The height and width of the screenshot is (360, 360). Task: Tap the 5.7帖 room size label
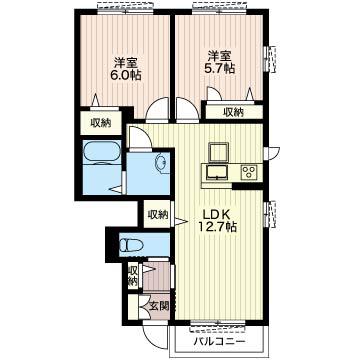[x=220, y=68]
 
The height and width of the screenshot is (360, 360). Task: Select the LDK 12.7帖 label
[x=218, y=220]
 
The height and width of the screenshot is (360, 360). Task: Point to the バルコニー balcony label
[x=220, y=342]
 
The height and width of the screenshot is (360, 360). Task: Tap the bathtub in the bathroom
[x=102, y=153]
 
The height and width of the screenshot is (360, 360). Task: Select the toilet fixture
[x=131, y=246]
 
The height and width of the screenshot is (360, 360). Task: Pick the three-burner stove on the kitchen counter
[x=249, y=172]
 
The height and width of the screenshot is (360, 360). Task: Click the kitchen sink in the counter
[x=217, y=172]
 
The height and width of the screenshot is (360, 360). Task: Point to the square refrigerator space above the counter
[x=219, y=152]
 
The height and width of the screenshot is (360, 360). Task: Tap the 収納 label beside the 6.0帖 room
[x=101, y=123]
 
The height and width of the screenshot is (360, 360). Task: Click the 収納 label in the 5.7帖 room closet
[x=233, y=112]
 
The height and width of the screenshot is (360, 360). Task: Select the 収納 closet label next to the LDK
[x=158, y=214]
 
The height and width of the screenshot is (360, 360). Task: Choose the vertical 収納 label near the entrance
[x=133, y=275]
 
